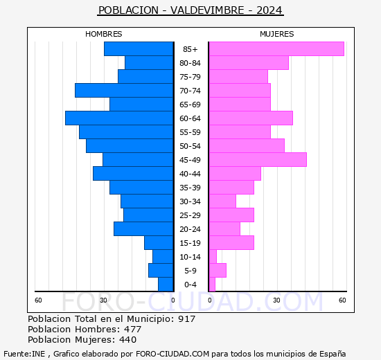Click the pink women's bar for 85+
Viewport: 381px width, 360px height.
276,49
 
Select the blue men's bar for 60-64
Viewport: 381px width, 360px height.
119,118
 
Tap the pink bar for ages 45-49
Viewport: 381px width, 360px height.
258,160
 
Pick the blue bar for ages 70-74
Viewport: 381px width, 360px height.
124,91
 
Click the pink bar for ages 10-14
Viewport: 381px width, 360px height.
213,257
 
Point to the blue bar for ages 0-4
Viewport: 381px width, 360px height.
166,285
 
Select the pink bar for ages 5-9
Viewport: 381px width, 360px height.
218,271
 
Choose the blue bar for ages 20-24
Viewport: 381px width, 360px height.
143,229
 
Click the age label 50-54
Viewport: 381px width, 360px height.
190,146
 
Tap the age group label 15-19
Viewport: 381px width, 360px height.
190,243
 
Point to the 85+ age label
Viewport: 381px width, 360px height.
190,49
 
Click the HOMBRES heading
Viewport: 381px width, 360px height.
104,34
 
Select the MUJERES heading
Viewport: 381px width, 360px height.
277,34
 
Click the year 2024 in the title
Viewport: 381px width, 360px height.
269,10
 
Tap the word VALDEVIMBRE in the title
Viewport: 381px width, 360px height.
207,10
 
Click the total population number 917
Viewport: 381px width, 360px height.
186,318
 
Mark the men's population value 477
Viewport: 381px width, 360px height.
133,329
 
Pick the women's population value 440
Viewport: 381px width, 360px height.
128,340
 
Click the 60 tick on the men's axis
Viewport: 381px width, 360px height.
38,300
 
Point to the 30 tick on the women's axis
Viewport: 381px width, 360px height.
276,300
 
